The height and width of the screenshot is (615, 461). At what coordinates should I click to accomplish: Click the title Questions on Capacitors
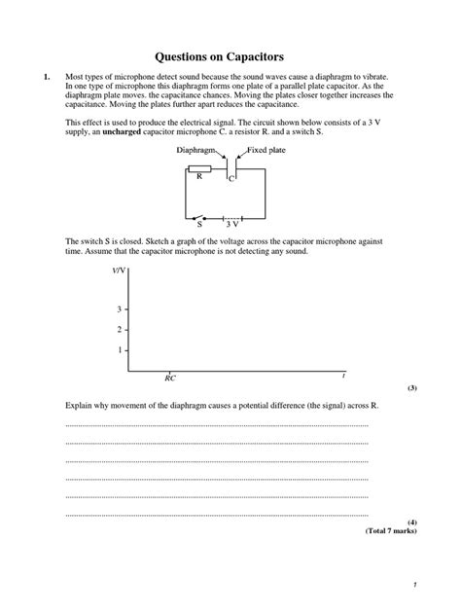230,56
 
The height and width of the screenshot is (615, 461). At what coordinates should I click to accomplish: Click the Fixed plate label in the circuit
266,151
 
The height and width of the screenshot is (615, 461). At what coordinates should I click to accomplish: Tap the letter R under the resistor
198,177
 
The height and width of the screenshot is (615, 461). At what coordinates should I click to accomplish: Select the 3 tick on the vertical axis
120,309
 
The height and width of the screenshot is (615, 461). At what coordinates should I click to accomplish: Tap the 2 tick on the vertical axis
120,330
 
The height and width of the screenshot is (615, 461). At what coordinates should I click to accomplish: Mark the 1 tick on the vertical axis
120,349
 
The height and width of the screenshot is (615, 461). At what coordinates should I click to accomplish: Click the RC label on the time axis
170,378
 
